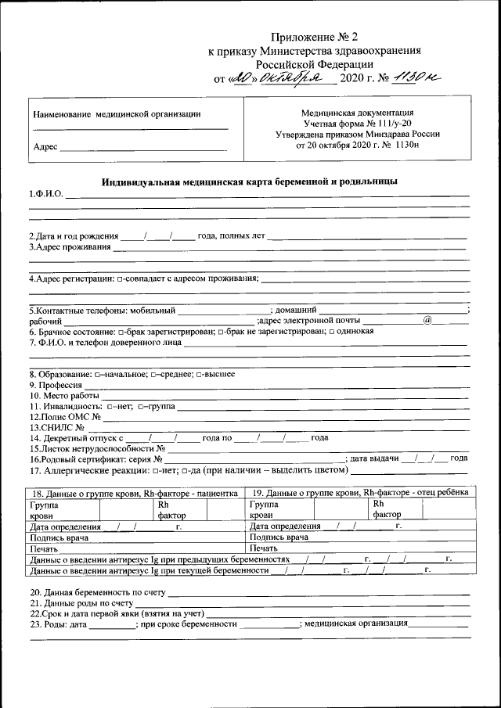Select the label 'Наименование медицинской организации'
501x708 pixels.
click(116, 114)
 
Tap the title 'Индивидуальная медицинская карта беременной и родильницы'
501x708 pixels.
click(250, 181)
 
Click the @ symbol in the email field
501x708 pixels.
click(427, 319)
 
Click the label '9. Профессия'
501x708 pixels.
click(56, 386)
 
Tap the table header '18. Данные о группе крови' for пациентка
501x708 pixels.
click(133, 494)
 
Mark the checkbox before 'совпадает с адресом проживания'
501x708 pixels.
click(119, 279)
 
